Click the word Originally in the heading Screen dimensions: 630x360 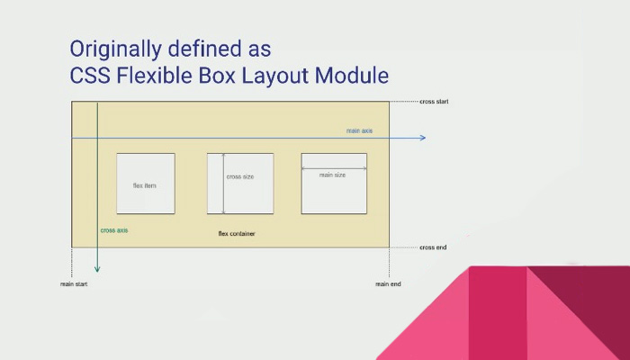[116, 49]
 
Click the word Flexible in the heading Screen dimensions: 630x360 [154, 75]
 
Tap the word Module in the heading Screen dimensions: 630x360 [352, 75]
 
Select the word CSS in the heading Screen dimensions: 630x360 [90, 75]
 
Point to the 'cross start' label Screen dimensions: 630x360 [434, 102]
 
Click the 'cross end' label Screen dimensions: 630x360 [433, 247]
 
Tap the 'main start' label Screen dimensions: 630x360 [74, 284]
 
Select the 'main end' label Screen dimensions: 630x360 [388, 284]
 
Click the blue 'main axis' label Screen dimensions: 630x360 [360, 130]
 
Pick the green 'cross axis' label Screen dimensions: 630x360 [114, 230]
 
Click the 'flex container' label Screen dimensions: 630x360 [237, 233]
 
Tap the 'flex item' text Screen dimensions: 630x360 [145, 185]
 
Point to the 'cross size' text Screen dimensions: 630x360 [240, 176]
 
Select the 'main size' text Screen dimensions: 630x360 [332, 175]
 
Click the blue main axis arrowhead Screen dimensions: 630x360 [423, 138]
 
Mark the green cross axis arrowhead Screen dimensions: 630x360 [97, 269]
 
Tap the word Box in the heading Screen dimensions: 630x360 [217, 75]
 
